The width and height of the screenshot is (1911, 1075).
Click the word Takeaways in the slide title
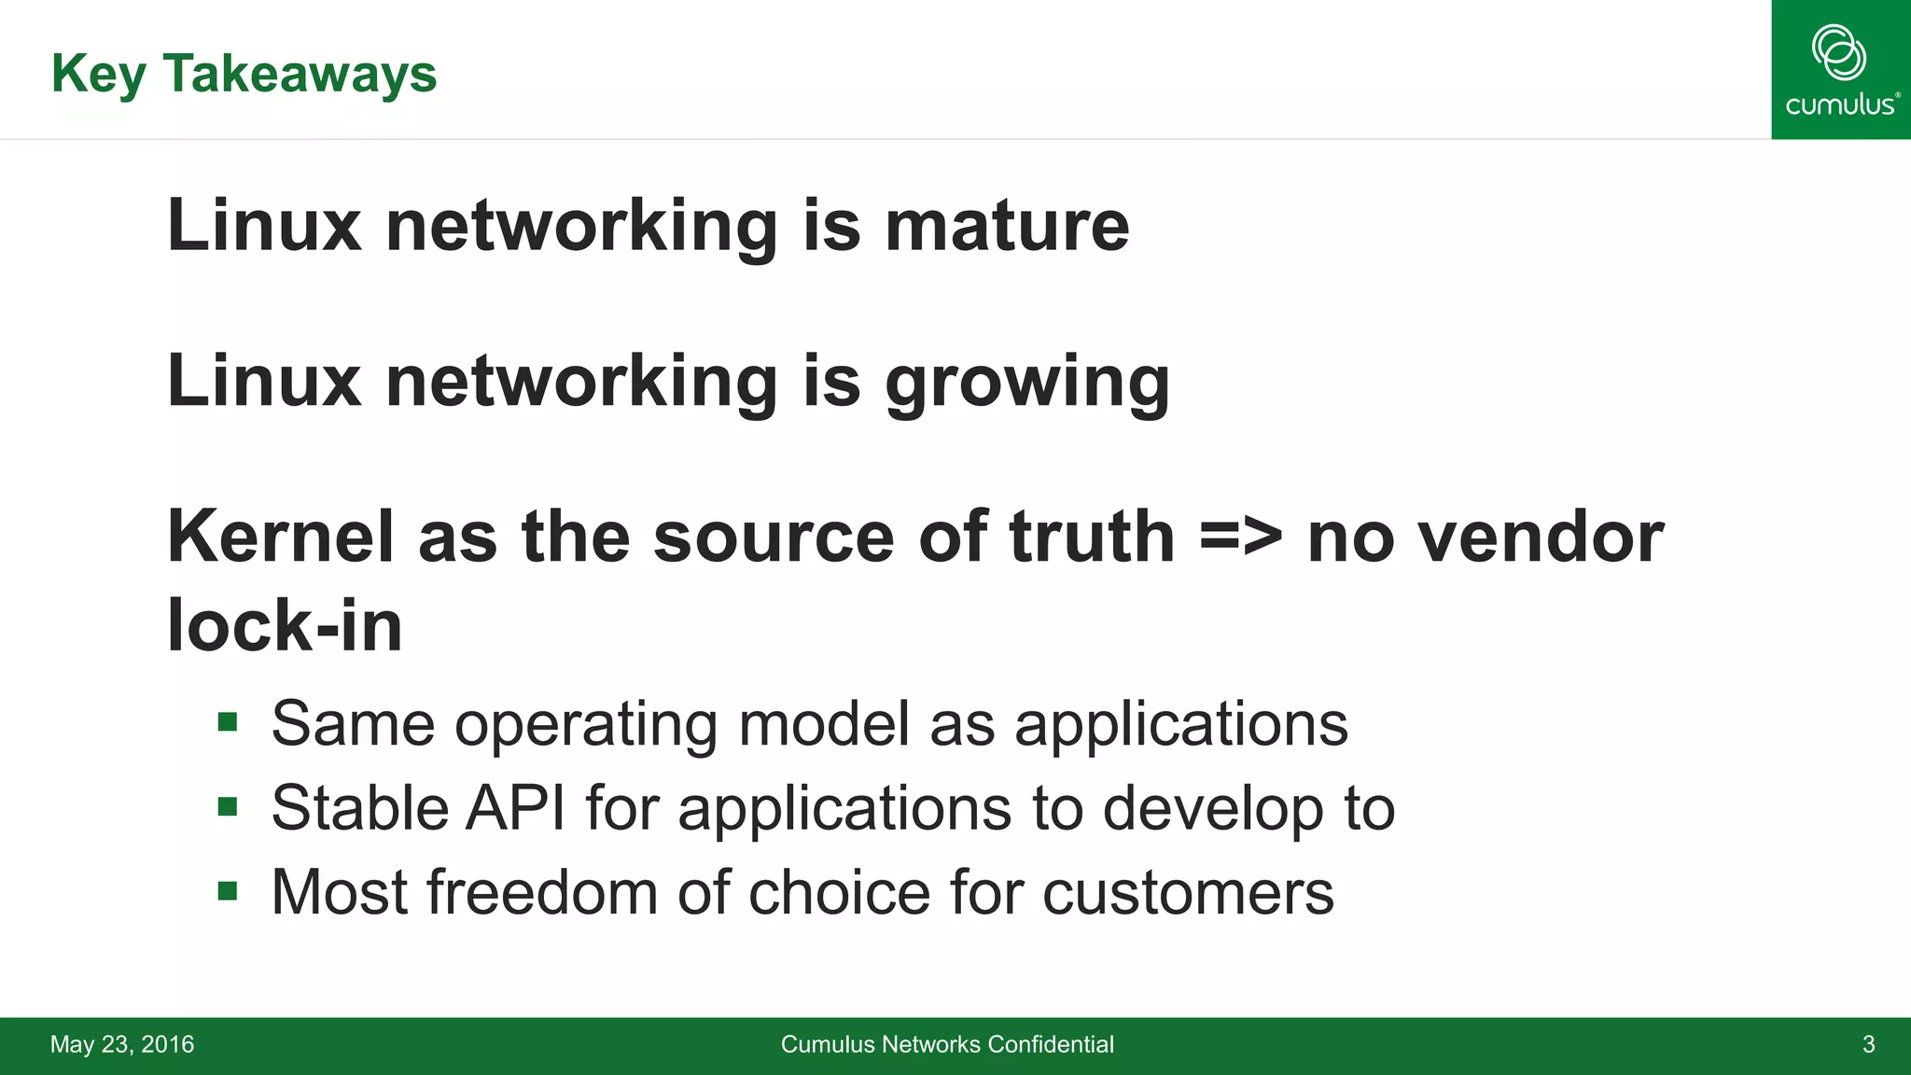point(300,74)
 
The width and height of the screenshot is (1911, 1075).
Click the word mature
point(1007,226)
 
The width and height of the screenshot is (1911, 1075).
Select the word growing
point(1027,383)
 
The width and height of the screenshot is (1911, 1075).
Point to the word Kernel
point(280,537)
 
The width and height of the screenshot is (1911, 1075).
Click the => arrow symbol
point(1240,538)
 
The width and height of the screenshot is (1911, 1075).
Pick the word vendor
point(1541,538)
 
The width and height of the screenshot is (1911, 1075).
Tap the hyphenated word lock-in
point(285,625)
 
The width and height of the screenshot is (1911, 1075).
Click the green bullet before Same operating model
point(228,721)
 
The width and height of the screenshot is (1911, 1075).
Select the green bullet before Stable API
point(228,805)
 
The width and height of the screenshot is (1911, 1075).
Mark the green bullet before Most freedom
point(228,890)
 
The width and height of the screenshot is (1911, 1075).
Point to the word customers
point(1188,892)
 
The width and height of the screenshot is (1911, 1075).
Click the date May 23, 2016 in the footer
point(122,1044)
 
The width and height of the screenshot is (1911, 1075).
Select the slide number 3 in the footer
point(1868,1044)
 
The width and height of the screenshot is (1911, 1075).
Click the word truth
point(1091,537)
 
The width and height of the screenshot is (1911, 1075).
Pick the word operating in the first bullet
point(586,724)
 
